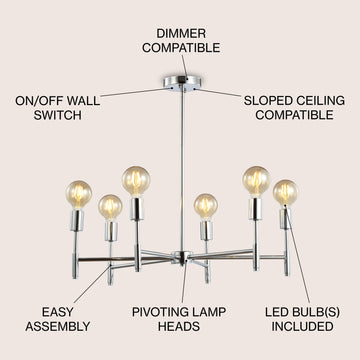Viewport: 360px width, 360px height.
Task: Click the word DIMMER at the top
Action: (181, 34)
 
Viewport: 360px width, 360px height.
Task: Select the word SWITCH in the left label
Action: (57, 115)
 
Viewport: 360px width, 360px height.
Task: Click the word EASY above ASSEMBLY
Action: (58, 312)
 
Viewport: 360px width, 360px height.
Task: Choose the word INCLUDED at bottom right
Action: (302, 327)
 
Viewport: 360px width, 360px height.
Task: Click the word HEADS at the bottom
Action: (179, 327)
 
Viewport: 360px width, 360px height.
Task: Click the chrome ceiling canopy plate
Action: (181, 83)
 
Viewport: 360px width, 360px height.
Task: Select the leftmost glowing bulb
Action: (79, 194)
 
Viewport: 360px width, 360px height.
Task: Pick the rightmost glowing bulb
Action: (285, 193)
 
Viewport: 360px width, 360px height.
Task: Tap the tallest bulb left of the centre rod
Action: (136, 181)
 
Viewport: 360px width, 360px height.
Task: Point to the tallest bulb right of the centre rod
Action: (256, 181)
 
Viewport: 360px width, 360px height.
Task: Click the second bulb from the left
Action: (110, 208)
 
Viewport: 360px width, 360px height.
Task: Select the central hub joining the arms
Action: (181, 257)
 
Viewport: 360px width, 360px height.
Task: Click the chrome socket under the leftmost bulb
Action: (77, 220)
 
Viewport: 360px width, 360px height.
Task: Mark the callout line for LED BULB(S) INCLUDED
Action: (297, 254)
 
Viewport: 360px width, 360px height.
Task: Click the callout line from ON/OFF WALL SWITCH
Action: (136, 92)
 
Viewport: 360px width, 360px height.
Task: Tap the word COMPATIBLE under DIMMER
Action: (181, 48)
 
